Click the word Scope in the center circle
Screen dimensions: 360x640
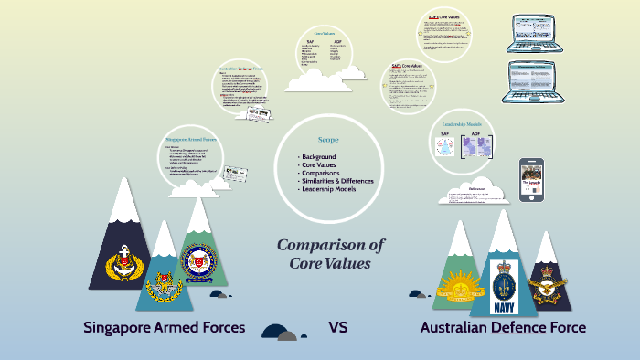(328, 140)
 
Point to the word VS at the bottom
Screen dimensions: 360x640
(338, 327)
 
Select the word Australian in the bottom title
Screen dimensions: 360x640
(454, 327)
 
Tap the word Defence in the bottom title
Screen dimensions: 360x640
(517, 327)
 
